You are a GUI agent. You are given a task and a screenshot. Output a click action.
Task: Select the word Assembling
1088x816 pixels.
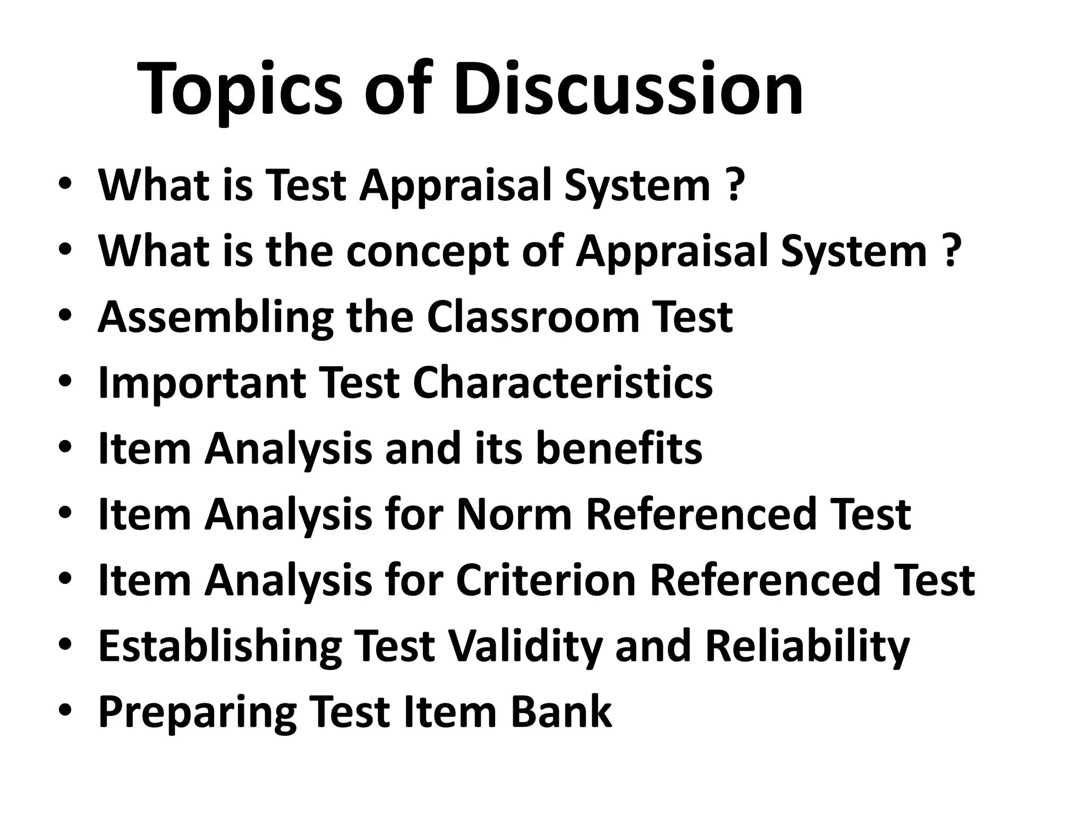(216, 317)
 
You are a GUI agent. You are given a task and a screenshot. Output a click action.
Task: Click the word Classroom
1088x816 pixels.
(532, 317)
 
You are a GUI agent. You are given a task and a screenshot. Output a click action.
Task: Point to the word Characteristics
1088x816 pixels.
(563, 383)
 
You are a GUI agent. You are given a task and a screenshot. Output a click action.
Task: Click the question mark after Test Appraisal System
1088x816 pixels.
(734, 185)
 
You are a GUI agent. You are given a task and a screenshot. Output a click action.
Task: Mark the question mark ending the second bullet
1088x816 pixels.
(950, 251)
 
